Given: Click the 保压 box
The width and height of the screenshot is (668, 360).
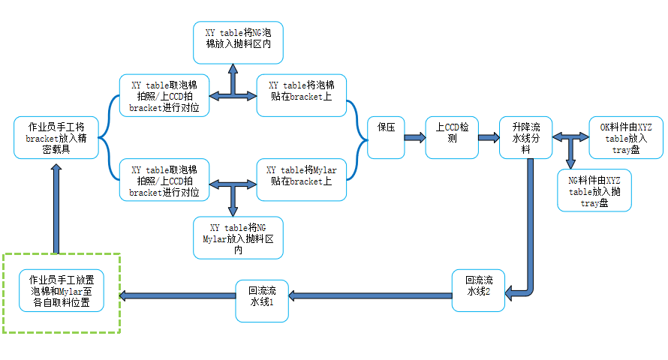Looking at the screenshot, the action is tap(386, 137).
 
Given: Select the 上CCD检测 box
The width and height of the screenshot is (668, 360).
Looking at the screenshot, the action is tap(452, 137).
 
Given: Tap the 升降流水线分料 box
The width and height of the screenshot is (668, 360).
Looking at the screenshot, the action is tap(525, 137).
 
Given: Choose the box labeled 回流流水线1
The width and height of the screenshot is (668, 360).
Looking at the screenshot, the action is tap(262, 301).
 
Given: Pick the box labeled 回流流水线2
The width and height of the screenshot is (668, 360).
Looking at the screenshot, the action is tap(478, 290).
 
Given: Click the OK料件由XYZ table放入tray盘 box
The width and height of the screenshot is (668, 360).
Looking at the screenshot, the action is tap(626, 137).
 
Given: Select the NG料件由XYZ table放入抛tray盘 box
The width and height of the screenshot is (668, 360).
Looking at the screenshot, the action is tap(594, 190).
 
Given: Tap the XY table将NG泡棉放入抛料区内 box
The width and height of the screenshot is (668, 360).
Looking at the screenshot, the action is tap(238, 43).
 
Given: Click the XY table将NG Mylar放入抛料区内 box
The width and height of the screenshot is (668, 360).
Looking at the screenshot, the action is tap(238, 238).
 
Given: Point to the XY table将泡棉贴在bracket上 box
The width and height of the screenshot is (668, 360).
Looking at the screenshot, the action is tap(302, 95).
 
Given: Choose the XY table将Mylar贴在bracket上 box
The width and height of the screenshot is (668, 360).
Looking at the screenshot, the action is tap(302, 179).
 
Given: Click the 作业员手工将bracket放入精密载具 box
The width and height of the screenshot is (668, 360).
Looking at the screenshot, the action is tap(56, 137).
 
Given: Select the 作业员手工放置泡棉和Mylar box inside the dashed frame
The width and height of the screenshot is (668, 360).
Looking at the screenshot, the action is tap(62, 290).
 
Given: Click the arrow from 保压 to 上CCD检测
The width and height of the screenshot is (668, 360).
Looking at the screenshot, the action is tap(415, 137).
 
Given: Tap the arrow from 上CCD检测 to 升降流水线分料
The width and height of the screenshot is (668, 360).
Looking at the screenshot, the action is tap(489, 137).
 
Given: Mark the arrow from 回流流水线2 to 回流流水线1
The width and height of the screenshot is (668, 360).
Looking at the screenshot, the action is tap(370, 295).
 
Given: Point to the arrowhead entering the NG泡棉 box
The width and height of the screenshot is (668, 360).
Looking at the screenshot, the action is tap(233, 68).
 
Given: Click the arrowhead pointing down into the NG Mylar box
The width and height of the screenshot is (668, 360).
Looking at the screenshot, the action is tap(233, 211).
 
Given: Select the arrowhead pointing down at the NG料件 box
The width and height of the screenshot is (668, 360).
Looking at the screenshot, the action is tap(571, 164).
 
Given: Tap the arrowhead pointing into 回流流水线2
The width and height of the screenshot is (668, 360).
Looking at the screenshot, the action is tap(510, 292).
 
